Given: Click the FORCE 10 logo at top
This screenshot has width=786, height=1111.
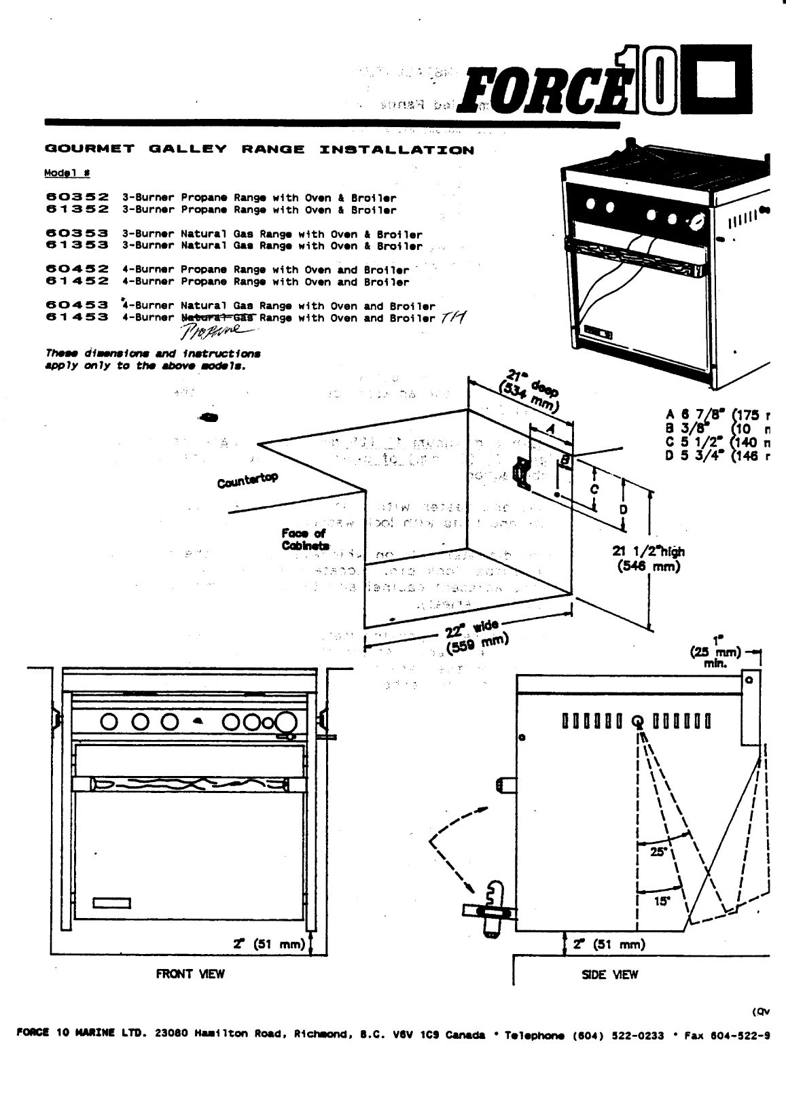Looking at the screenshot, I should (605, 85).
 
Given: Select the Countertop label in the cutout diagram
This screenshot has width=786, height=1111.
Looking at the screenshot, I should (247, 480).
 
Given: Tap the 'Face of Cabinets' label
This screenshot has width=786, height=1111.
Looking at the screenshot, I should (305, 540).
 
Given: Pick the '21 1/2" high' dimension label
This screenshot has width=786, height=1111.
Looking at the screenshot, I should (649, 559).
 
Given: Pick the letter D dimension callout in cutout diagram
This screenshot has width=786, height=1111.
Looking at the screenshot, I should (624, 510).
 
